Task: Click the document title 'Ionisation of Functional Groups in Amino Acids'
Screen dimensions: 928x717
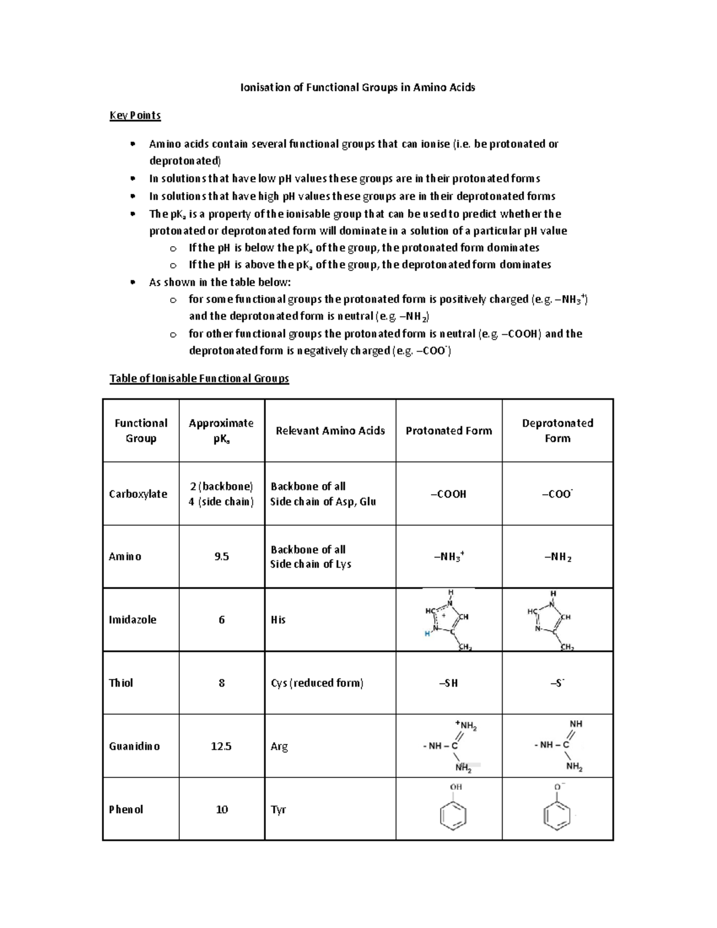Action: click(x=357, y=87)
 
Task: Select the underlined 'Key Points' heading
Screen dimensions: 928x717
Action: click(x=135, y=115)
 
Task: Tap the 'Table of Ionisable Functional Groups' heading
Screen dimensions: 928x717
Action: click(x=199, y=378)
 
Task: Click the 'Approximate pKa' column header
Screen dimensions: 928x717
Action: click(x=221, y=430)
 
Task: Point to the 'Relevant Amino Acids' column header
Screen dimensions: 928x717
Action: click(x=330, y=430)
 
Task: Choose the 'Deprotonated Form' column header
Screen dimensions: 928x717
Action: click(x=557, y=430)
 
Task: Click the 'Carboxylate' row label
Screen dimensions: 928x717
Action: click(x=138, y=494)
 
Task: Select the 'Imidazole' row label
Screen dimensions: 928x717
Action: click(x=133, y=620)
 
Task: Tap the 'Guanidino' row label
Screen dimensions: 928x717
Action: click(x=134, y=746)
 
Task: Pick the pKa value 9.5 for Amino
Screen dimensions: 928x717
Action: click(x=222, y=557)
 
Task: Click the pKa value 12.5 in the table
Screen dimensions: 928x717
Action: click(x=221, y=746)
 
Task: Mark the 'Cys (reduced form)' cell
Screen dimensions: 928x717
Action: click(x=317, y=683)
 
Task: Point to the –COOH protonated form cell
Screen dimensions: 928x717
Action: click(x=449, y=494)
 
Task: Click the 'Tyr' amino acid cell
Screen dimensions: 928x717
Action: click(x=278, y=810)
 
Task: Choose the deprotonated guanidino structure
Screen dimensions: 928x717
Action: click(x=558, y=746)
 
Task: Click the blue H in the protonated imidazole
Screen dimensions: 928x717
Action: click(x=427, y=633)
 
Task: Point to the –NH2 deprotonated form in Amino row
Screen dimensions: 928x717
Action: click(x=557, y=558)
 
